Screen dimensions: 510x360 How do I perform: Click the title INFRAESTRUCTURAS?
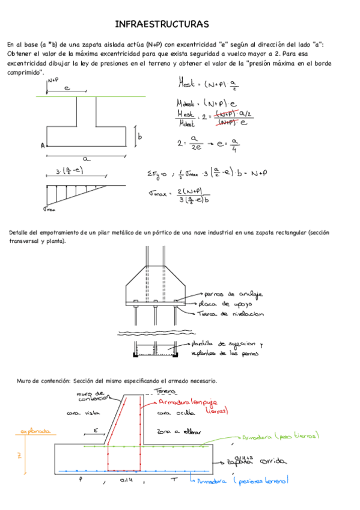(162, 24)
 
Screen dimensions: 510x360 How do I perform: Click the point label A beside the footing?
(43, 146)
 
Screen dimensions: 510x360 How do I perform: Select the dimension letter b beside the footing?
(139, 137)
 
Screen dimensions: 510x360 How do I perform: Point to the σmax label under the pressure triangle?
(49, 209)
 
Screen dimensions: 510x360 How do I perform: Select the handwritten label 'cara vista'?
(82, 413)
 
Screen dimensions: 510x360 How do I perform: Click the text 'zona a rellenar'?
(178, 432)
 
